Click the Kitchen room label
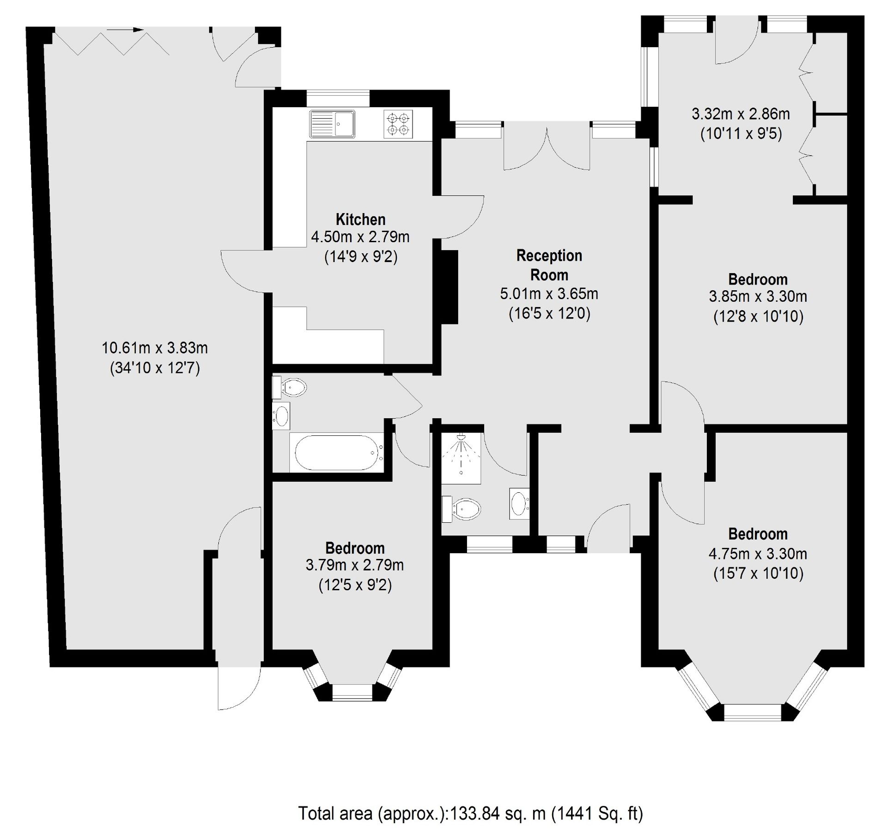(360, 219)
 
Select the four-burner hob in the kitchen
(398, 124)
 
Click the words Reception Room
(548, 265)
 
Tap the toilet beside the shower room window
(463, 509)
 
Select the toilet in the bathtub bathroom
(291, 387)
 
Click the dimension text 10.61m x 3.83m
(154, 348)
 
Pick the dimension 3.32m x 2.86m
(740, 114)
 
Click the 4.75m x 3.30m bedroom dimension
(758, 553)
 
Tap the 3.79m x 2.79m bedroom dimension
(354, 565)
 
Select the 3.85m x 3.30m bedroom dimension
(758, 296)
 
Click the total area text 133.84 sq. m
(470, 813)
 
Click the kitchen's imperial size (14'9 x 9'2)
(360, 257)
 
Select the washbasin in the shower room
(519, 503)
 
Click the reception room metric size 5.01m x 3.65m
(548, 294)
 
